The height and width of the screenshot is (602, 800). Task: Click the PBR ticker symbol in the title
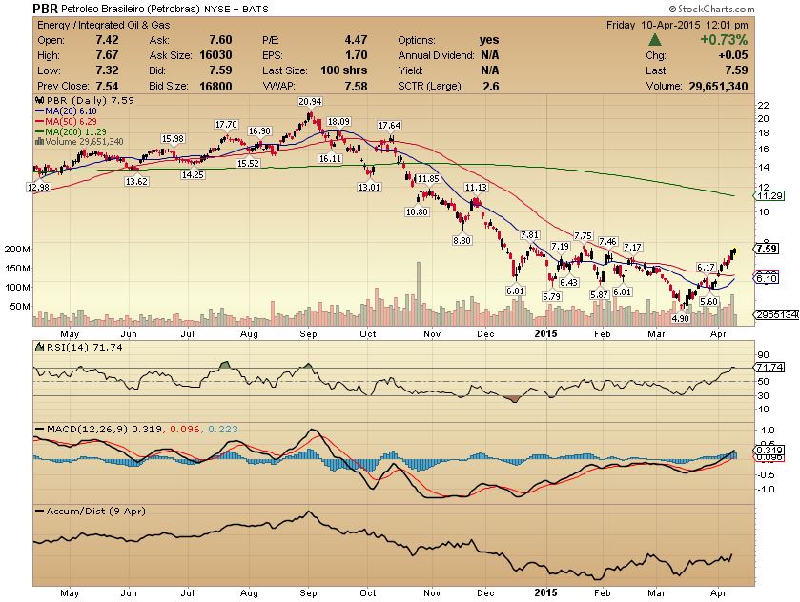tap(45, 9)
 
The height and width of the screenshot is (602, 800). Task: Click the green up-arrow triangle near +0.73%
tap(656, 40)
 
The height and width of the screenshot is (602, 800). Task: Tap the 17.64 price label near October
tap(389, 125)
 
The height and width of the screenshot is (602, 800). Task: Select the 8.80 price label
tap(462, 240)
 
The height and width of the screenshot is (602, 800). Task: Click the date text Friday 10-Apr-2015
tap(664, 25)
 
